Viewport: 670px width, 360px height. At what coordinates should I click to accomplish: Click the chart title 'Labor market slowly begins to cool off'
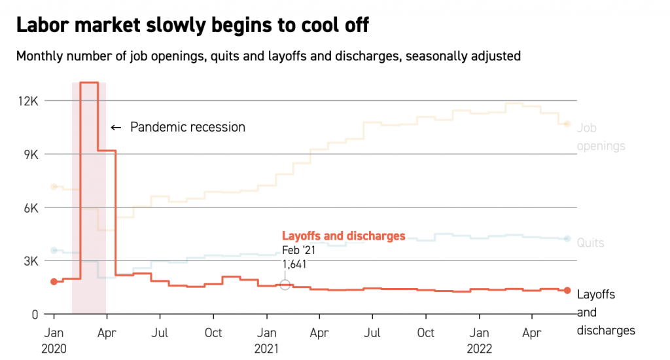coord(192,26)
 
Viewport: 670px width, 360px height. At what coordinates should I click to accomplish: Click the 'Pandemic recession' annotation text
coord(188,127)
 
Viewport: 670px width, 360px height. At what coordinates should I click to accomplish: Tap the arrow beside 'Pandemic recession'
coord(116,127)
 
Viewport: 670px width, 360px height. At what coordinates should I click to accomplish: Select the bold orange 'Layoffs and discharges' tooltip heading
coord(344,236)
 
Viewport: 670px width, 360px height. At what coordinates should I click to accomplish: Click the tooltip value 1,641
coord(294,264)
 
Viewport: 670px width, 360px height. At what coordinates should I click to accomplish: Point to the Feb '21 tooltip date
coord(299,250)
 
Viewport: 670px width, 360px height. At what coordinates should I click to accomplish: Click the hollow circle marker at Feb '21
coord(285,285)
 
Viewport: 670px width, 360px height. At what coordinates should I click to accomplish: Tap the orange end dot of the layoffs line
coord(567,290)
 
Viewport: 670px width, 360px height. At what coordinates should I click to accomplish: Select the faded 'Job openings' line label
coord(601,137)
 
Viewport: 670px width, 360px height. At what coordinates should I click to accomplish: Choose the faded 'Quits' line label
coord(590,243)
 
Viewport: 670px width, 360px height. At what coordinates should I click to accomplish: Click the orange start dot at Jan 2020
coord(54,281)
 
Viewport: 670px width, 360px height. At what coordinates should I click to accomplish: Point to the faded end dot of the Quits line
coord(567,239)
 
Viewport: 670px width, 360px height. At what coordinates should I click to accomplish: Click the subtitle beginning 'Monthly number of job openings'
coord(268,56)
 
